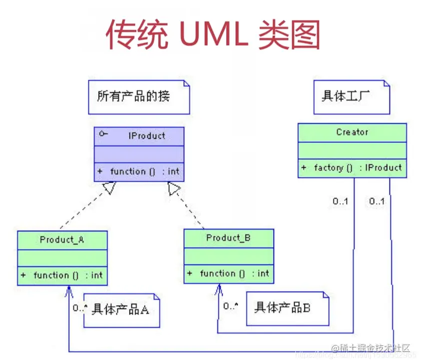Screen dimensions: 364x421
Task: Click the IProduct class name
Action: (x=147, y=135)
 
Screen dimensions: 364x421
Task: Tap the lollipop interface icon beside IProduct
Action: (x=103, y=134)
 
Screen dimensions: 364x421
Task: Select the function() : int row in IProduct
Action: (x=139, y=172)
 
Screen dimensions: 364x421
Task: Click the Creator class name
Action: (x=352, y=132)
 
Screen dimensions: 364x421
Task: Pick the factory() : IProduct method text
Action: (x=352, y=168)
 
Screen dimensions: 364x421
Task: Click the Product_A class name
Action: (x=62, y=240)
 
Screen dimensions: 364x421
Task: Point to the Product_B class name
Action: (x=228, y=238)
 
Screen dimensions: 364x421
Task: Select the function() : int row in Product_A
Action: (x=62, y=275)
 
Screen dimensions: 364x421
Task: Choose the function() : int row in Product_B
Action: (x=229, y=273)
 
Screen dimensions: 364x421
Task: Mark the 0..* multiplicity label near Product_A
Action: (x=79, y=308)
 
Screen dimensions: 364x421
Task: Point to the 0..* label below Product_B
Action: (x=230, y=306)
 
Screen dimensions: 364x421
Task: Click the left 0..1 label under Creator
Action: (x=341, y=201)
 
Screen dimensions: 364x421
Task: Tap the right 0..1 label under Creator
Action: (x=377, y=201)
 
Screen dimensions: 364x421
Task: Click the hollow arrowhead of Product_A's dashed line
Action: (x=110, y=188)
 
